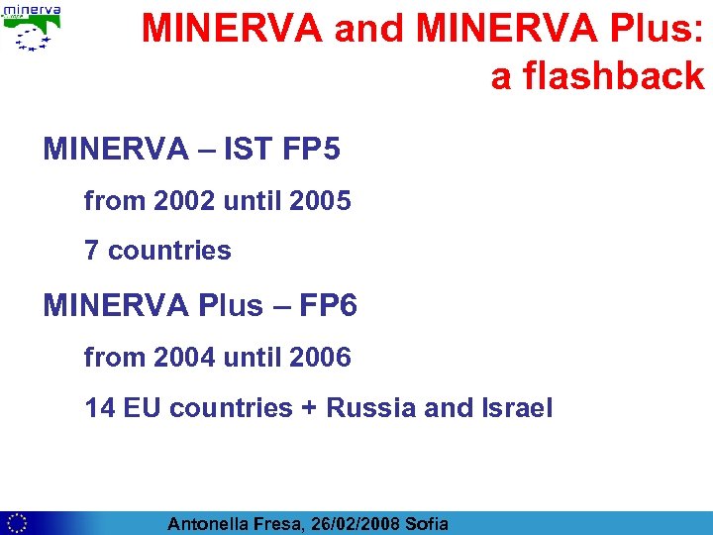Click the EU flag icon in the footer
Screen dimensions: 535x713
click(15, 523)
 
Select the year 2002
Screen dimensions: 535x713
click(184, 201)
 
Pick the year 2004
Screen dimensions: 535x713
click(184, 357)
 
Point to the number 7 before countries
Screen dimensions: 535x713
click(91, 251)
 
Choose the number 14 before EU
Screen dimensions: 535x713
click(100, 407)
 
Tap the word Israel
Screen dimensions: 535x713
click(516, 407)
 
